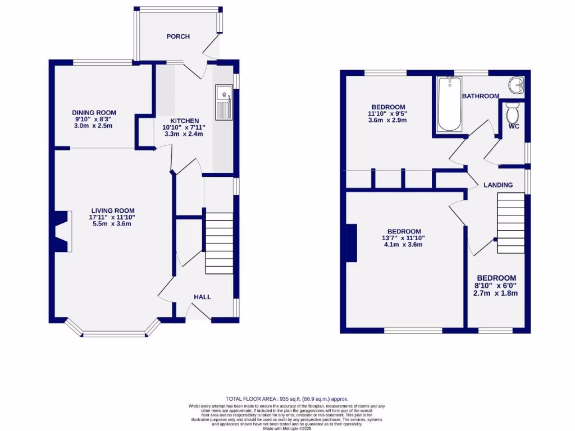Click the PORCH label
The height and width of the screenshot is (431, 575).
click(x=178, y=36)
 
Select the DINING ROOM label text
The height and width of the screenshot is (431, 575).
click(x=94, y=112)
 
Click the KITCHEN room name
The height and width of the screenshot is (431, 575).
click(x=185, y=121)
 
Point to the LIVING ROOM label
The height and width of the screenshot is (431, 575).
click(x=111, y=210)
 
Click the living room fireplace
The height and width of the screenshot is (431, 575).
click(x=61, y=231)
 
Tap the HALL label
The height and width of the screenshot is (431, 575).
click(x=202, y=297)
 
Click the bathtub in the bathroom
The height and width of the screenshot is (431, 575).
click(x=449, y=104)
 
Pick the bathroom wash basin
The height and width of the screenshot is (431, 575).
click(x=516, y=85)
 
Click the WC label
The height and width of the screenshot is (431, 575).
click(x=514, y=127)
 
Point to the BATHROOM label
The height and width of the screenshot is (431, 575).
click(x=480, y=96)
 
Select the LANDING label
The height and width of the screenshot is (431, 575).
click(x=498, y=185)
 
